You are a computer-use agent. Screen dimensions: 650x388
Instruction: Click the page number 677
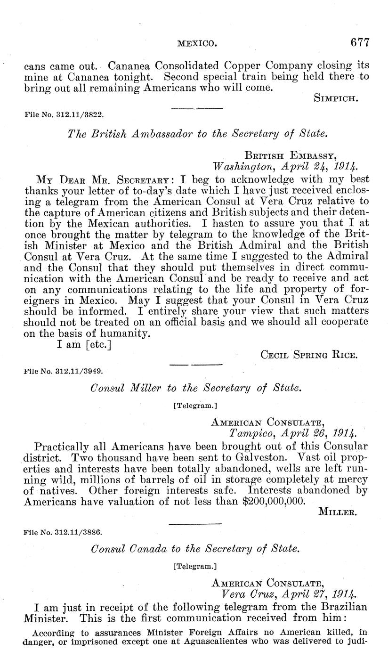click(x=360, y=42)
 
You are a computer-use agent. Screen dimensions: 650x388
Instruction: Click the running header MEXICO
click(x=197, y=44)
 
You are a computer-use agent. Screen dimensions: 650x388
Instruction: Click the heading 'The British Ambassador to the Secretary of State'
click(x=197, y=133)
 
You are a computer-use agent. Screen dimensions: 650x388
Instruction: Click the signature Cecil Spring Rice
click(x=309, y=355)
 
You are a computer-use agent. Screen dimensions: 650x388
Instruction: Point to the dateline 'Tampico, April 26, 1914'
click(x=289, y=432)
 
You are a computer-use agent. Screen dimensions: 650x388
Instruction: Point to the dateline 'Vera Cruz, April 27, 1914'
click(x=289, y=593)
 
